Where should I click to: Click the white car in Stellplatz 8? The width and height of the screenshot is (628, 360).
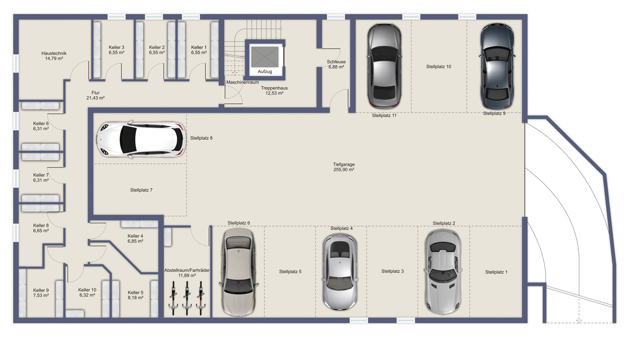tap(141, 139)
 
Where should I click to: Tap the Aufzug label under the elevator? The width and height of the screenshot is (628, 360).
tap(265, 72)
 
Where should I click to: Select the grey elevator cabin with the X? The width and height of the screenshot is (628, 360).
tap(265, 57)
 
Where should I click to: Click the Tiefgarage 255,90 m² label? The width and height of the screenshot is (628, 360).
tap(344, 167)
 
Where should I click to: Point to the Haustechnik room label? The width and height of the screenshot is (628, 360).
tap(54, 56)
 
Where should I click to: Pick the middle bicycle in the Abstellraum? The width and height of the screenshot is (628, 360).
tap(187, 298)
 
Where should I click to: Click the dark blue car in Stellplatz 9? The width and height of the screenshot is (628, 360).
tap(497, 66)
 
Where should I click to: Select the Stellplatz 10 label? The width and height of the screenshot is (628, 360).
tap(438, 67)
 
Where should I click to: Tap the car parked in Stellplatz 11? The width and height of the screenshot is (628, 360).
tap(384, 66)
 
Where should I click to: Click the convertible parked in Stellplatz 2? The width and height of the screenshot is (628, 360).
tap(443, 272)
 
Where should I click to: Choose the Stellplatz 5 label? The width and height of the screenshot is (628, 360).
tap(290, 271)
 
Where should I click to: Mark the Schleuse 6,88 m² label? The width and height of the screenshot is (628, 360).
tap(336, 64)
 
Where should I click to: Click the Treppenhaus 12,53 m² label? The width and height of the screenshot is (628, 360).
tap(274, 90)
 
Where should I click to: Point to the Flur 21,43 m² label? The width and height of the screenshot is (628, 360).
tap(95, 95)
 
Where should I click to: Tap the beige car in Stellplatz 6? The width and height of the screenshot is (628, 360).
tap(239, 272)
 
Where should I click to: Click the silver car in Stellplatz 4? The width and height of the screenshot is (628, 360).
tap(340, 272)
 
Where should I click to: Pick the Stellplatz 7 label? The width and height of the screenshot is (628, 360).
tap(141, 190)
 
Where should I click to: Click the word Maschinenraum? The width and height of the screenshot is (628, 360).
tap(243, 82)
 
